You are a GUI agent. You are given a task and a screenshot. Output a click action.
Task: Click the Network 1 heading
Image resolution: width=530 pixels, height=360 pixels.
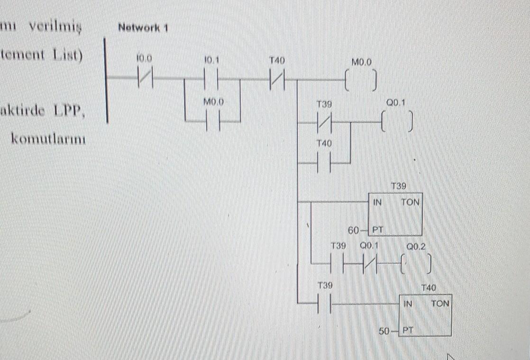pos(143,27)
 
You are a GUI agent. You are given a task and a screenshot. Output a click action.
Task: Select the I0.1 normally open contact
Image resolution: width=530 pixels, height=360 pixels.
pos(211,79)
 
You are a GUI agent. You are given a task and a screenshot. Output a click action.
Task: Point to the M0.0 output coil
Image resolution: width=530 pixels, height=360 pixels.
pos(361,80)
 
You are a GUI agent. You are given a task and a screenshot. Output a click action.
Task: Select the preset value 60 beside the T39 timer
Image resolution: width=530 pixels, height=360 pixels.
pos(354,231)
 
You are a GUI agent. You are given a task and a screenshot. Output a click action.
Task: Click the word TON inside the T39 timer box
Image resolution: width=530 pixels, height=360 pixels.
pos(410,202)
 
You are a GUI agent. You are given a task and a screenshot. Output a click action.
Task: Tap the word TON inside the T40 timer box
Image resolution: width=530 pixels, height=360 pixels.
pos(440,304)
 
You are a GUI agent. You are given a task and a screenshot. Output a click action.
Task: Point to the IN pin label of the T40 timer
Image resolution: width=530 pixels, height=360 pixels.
pos(407,304)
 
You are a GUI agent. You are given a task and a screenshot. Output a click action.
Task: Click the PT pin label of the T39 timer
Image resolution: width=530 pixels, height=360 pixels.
pos(377,231)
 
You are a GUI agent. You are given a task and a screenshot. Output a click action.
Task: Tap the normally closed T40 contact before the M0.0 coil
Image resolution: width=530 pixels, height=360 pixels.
pos(277,80)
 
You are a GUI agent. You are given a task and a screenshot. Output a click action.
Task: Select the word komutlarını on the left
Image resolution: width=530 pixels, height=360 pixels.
pos(48,140)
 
